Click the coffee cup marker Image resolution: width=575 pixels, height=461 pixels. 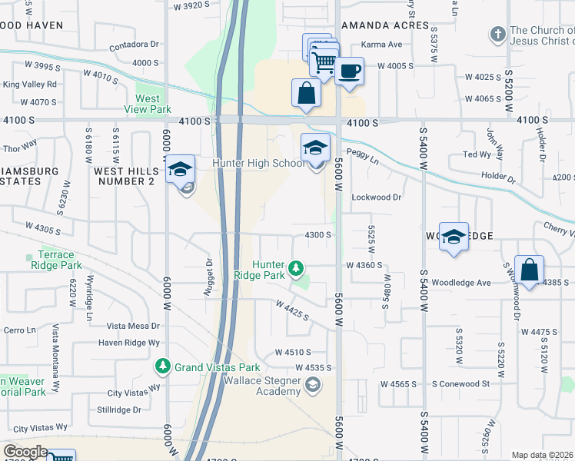349,71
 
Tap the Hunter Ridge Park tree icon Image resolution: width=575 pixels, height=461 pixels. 296,269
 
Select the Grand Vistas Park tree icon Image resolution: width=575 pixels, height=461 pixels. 162,366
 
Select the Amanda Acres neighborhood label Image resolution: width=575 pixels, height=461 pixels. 384,25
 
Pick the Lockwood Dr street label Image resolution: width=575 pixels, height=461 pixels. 377,197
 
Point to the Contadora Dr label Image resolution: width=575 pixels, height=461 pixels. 134,45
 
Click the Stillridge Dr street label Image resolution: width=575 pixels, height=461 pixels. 115,410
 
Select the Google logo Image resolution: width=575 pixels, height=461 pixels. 25,453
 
